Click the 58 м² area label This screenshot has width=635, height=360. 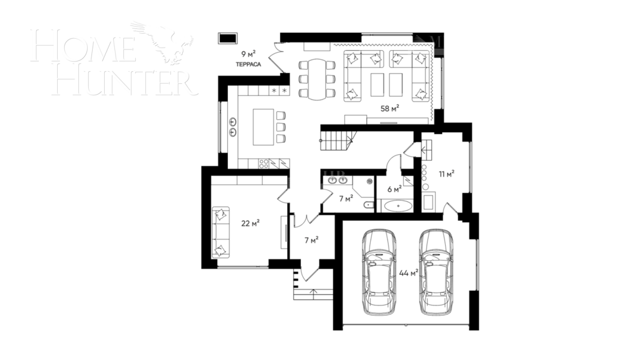389,108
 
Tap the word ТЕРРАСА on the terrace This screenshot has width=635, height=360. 247,64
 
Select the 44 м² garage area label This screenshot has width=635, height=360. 408,273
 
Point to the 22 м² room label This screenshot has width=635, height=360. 250,223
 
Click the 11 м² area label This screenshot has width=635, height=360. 446,173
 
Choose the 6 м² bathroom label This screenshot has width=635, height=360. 394,189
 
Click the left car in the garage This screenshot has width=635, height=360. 380,271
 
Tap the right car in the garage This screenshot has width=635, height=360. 437,271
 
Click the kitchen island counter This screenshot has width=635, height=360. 263,127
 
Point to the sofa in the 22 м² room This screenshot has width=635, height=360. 220,231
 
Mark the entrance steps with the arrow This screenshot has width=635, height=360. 313,291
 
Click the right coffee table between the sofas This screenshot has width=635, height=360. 397,83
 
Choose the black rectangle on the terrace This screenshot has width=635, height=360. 226,39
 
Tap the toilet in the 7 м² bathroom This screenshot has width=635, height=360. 368,204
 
